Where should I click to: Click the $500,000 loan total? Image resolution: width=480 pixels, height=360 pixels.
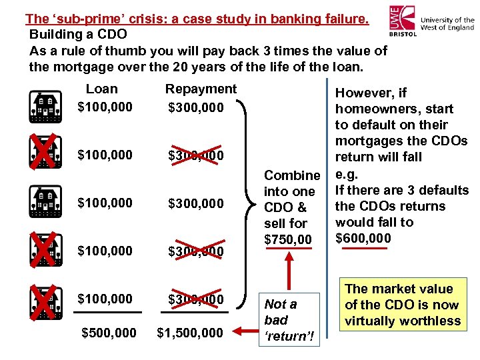[109, 332]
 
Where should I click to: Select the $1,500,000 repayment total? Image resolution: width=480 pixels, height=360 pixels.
[191, 332]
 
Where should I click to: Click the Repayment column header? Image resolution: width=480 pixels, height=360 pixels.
[201, 89]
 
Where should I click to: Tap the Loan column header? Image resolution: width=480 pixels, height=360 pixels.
[102, 89]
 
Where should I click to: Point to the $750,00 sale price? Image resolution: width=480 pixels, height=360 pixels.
[288, 239]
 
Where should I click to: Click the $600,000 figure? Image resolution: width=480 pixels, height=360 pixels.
[363, 238]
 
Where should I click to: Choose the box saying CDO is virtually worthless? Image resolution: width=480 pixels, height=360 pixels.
[402, 305]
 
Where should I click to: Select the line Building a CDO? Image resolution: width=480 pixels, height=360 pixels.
[78, 34]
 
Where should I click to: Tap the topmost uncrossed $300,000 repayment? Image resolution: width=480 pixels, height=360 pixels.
[196, 107]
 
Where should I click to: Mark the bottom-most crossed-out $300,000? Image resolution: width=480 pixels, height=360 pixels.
[196, 299]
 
